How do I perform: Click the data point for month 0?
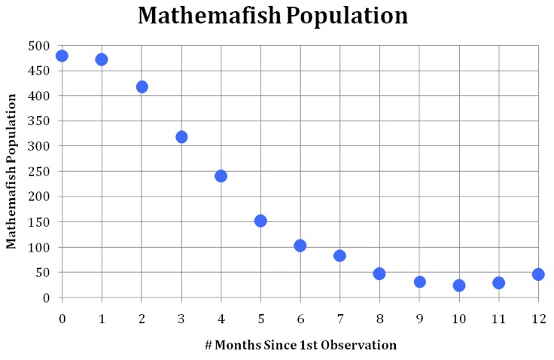[62, 56]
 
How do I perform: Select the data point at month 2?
[142, 87]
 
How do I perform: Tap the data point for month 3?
[181, 137]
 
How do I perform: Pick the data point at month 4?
[221, 176]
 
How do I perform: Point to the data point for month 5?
[260, 221]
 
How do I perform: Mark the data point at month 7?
[339, 256]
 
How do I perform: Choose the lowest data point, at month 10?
[459, 285]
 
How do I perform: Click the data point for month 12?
[538, 274]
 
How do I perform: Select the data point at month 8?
[379, 273]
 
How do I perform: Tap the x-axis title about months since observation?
[300, 346]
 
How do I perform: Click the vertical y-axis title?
[11, 171]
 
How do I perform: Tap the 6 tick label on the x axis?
[300, 319]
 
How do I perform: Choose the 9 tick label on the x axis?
[419, 319]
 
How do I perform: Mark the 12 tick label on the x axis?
[538, 319]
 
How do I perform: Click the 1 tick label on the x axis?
[102, 319]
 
